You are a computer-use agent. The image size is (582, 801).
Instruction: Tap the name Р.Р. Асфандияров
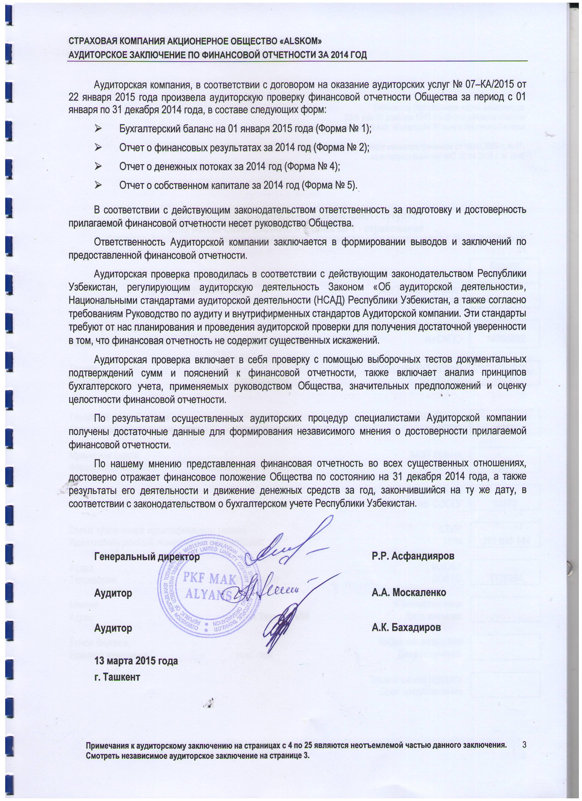413,556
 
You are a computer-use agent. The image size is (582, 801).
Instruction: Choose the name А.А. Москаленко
409,592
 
